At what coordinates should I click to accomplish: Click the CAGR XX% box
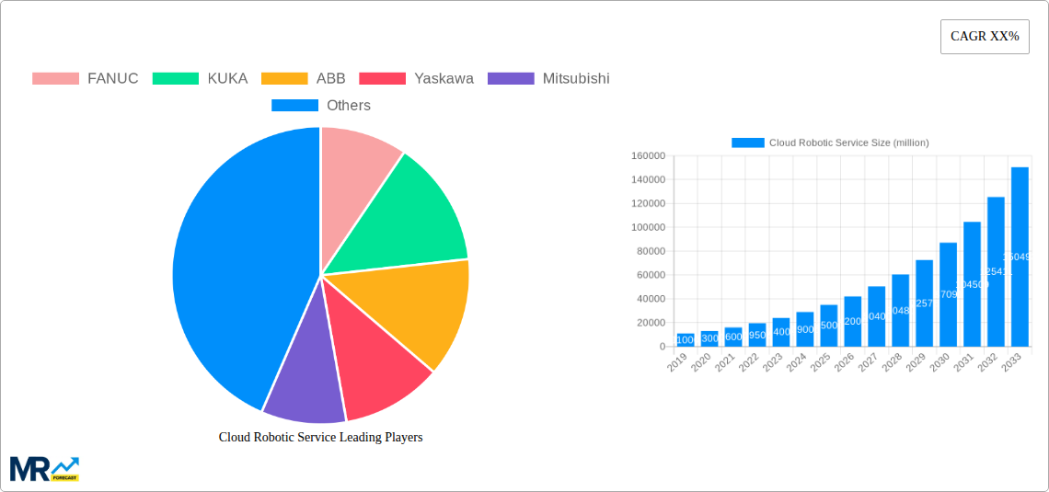pos(984,37)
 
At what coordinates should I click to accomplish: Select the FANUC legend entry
pos(86,78)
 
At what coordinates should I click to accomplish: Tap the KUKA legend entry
pos(201,78)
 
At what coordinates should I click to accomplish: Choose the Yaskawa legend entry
pos(417,78)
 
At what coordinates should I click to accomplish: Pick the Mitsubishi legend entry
pos(548,78)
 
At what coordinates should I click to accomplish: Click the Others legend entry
pos(321,106)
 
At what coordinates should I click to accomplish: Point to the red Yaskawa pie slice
pos(377,368)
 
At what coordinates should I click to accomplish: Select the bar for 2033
pos(1020,257)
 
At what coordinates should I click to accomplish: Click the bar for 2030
pos(948,294)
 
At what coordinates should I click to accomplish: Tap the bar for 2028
pos(900,310)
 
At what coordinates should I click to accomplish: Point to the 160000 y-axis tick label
pos(648,156)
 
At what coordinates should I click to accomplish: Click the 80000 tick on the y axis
pos(651,251)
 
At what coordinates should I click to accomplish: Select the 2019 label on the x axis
pos(677,364)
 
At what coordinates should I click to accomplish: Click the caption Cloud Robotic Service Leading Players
pos(320,438)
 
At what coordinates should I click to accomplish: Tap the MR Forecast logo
pos(44,468)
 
